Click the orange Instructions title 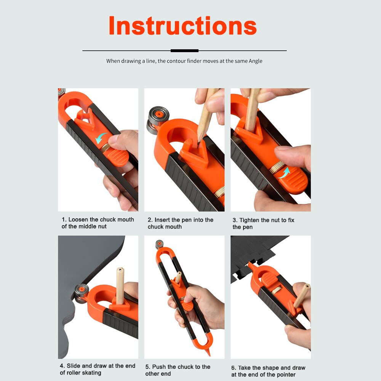182,26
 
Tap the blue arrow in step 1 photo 101,138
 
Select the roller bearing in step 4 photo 81,292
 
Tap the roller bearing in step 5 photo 159,244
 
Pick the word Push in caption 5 159,367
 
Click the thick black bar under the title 184,51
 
